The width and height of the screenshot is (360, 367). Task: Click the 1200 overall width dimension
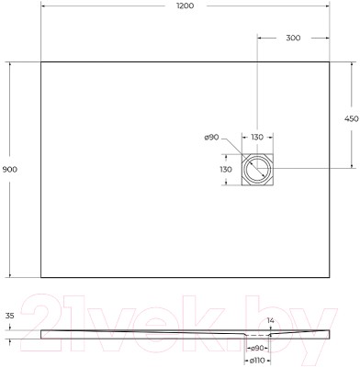click(x=185, y=6)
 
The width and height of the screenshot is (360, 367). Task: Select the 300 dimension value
click(x=293, y=38)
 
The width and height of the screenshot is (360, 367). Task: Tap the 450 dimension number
click(x=351, y=118)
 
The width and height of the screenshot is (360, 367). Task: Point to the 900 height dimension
click(x=10, y=169)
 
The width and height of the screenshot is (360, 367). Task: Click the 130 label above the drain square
click(x=257, y=138)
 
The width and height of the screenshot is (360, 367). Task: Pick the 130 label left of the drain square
click(x=226, y=169)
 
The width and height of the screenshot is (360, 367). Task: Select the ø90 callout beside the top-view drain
click(x=211, y=138)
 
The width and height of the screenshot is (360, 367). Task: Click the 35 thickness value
click(x=10, y=317)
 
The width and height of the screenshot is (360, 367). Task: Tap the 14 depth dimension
click(x=271, y=320)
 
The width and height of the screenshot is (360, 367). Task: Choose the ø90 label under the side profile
click(x=257, y=349)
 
